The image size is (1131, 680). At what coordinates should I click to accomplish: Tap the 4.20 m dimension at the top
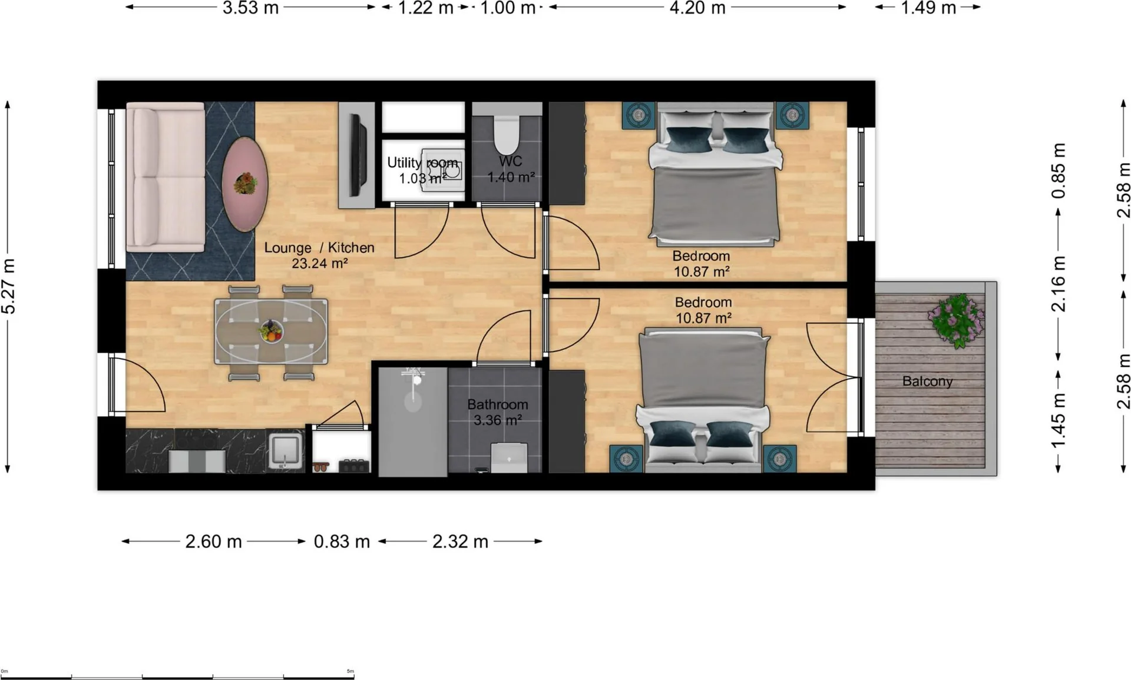[697, 8]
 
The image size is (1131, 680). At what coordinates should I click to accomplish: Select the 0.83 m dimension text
[342, 541]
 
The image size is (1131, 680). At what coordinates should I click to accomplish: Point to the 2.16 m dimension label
[1059, 284]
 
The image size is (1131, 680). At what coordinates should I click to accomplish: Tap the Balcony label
[927, 382]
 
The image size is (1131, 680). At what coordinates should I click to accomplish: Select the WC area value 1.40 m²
[511, 177]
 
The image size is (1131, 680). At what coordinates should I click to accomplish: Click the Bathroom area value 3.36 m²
[498, 420]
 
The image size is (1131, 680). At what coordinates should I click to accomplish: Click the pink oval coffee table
[244, 184]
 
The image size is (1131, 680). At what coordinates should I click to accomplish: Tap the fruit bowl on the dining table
[271, 331]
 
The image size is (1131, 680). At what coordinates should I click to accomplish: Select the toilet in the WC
[507, 135]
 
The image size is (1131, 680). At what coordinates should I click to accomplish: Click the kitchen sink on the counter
[285, 450]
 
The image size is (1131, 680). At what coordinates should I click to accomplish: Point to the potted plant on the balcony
[957, 321]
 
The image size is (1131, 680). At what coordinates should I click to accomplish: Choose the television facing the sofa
[356, 155]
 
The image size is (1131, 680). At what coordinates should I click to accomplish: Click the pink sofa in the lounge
[166, 177]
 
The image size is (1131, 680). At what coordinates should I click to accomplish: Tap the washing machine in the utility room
[446, 169]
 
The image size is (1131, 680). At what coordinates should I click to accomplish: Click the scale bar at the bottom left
[177, 675]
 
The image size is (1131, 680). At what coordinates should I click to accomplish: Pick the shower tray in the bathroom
[413, 422]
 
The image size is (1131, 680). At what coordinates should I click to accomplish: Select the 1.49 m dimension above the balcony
[928, 8]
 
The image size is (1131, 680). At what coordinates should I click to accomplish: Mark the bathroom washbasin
[509, 458]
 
